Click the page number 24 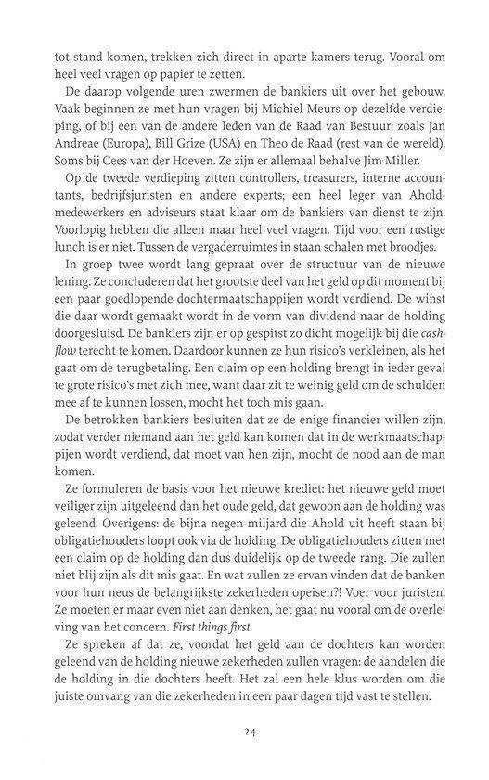(249, 732)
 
